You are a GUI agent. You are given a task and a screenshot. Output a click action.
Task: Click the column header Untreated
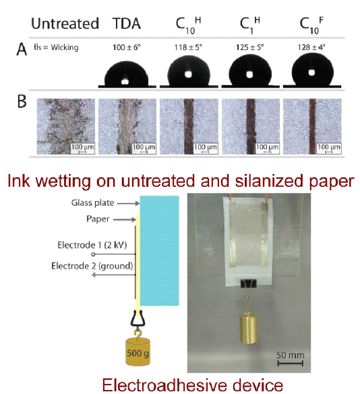click(x=65, y=24)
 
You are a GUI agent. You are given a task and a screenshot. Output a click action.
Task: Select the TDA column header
click(x=127, y=24)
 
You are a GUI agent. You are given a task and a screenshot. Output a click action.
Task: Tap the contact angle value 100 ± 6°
click(x=127, y=47)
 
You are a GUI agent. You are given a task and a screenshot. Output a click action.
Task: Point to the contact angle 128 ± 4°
click(x=311, y=47)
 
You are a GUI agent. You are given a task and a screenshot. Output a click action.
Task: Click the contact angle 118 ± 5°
click(x=188, y=47)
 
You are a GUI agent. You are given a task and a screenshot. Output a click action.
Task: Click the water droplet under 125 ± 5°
click(x=250, y=71)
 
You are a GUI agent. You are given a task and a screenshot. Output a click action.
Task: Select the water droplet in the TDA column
click(x=126, y=74)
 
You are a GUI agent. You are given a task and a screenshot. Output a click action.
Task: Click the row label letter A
click(x=22, y=49)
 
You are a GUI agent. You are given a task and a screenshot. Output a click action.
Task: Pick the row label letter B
click(x=22, y=101)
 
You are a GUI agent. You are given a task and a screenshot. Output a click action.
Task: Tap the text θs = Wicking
click(x=56, y=47)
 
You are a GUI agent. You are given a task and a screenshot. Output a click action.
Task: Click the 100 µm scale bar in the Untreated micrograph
click(x=83, y=152)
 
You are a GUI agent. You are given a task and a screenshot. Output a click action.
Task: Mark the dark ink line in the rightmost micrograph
click(x=312, y=126)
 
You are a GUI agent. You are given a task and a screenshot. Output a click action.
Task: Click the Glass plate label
click(x=92, y=202)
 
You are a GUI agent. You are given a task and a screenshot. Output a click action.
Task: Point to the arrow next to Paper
click(x=125, y=220)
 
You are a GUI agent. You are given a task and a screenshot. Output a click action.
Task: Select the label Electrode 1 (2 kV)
click(x=92, y=245)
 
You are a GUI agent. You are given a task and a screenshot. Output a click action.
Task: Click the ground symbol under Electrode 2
click(x=94, y=275)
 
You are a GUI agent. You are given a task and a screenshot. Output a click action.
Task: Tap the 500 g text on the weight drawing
click(x=138, y=354)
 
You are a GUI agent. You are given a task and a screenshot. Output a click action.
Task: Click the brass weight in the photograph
click(x=249, y=328)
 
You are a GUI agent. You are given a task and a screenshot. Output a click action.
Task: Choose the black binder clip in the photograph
click(x=249, y=283)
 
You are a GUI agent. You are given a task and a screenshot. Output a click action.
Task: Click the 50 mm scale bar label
click(x=290, y=355)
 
